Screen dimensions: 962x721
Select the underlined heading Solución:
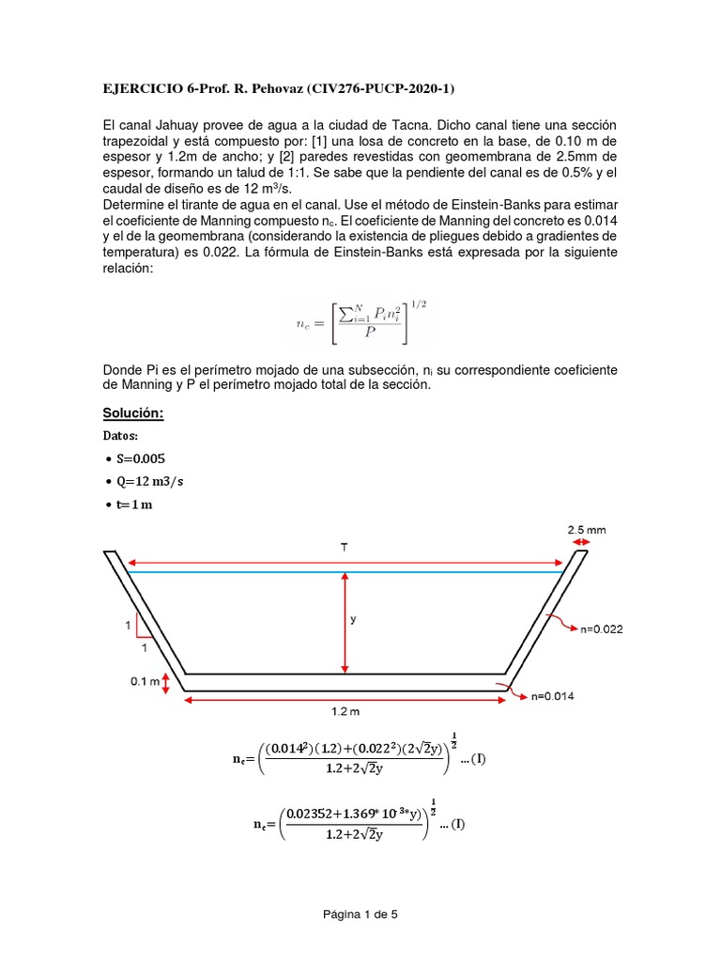(132, 413)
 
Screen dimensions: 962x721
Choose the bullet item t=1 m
(134, 505)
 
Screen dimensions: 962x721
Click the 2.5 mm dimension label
(587, 530)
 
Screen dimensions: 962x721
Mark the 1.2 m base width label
(346, 713)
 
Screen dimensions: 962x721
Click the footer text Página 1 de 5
(360, 912)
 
